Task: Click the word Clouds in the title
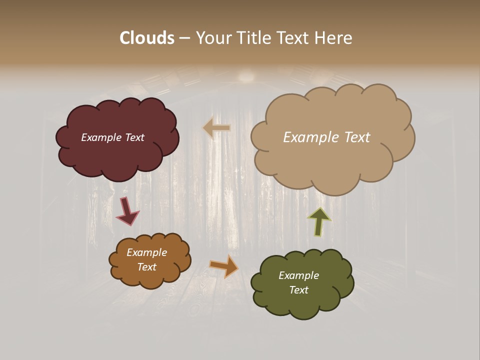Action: [x=146, y=38]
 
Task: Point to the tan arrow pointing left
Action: [x=216, y=128]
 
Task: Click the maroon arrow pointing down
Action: [x=127, y=211]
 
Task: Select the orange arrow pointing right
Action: [x=224, y=265]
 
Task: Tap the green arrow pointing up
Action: [x=319, y=221]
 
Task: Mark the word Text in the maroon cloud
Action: [x=134, y=137]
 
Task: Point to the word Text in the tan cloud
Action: [x=357, y=137]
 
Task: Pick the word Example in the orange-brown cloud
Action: [x=146, y=252]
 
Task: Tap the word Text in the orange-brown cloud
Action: [x=146, y=267]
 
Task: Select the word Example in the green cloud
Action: [x=298, y=275]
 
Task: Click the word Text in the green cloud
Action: [x=298, y=290]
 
